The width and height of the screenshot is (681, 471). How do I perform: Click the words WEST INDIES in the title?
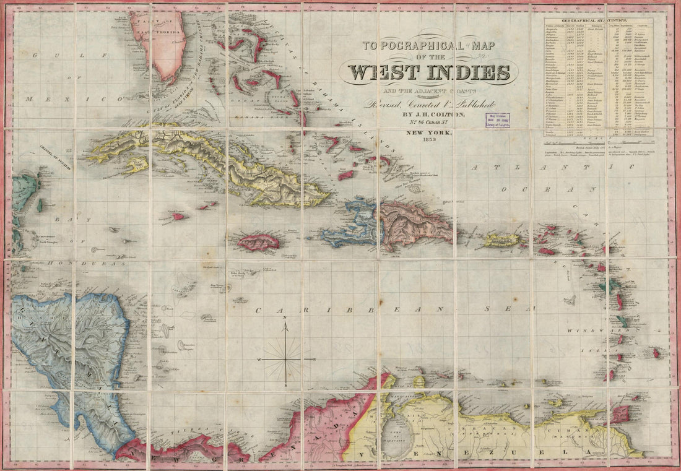(x=432, y=72)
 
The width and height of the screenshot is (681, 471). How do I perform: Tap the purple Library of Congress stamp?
(x=497, y=120)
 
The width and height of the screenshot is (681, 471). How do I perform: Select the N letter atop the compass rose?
(x=285, y=318)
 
